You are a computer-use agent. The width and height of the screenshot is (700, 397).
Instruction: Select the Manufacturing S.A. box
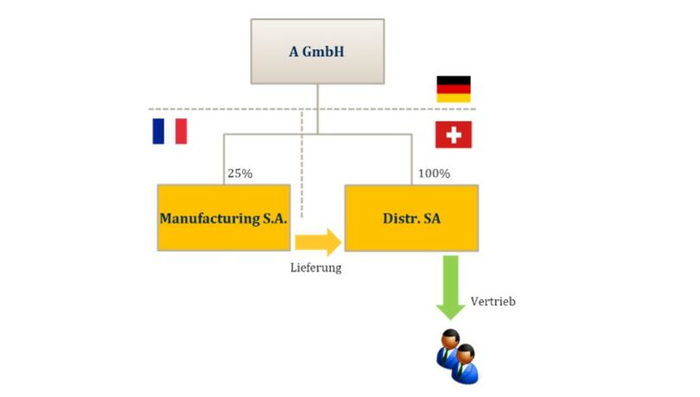[x=223, y=217]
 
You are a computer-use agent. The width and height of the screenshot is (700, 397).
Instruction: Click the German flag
[x=453, y=89]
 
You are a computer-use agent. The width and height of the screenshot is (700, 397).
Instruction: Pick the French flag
[x=169, y=131]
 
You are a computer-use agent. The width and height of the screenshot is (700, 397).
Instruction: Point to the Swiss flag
[x=453, y=134]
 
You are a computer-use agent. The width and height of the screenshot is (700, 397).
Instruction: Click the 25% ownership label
[x=239, y=173]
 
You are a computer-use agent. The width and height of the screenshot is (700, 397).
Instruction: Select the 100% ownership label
[x=434, y=173]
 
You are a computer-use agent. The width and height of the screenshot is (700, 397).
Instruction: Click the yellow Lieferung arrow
[x=317, y=240]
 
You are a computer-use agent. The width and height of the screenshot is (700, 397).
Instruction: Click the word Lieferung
[x=315, y=268]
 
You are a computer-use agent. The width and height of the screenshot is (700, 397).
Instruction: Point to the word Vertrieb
[x=493, y=302]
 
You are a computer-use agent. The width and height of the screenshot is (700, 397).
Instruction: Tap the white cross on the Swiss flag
[x=453, y=134]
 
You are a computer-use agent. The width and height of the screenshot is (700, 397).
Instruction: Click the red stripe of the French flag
[x=181, y=131]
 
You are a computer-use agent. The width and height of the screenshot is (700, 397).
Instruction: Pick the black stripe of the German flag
[x=453, y=80]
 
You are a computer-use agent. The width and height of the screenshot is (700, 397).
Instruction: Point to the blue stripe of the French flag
[x=158, y=131]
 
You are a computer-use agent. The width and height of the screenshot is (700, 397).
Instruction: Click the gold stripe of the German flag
[x=453, y=98]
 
